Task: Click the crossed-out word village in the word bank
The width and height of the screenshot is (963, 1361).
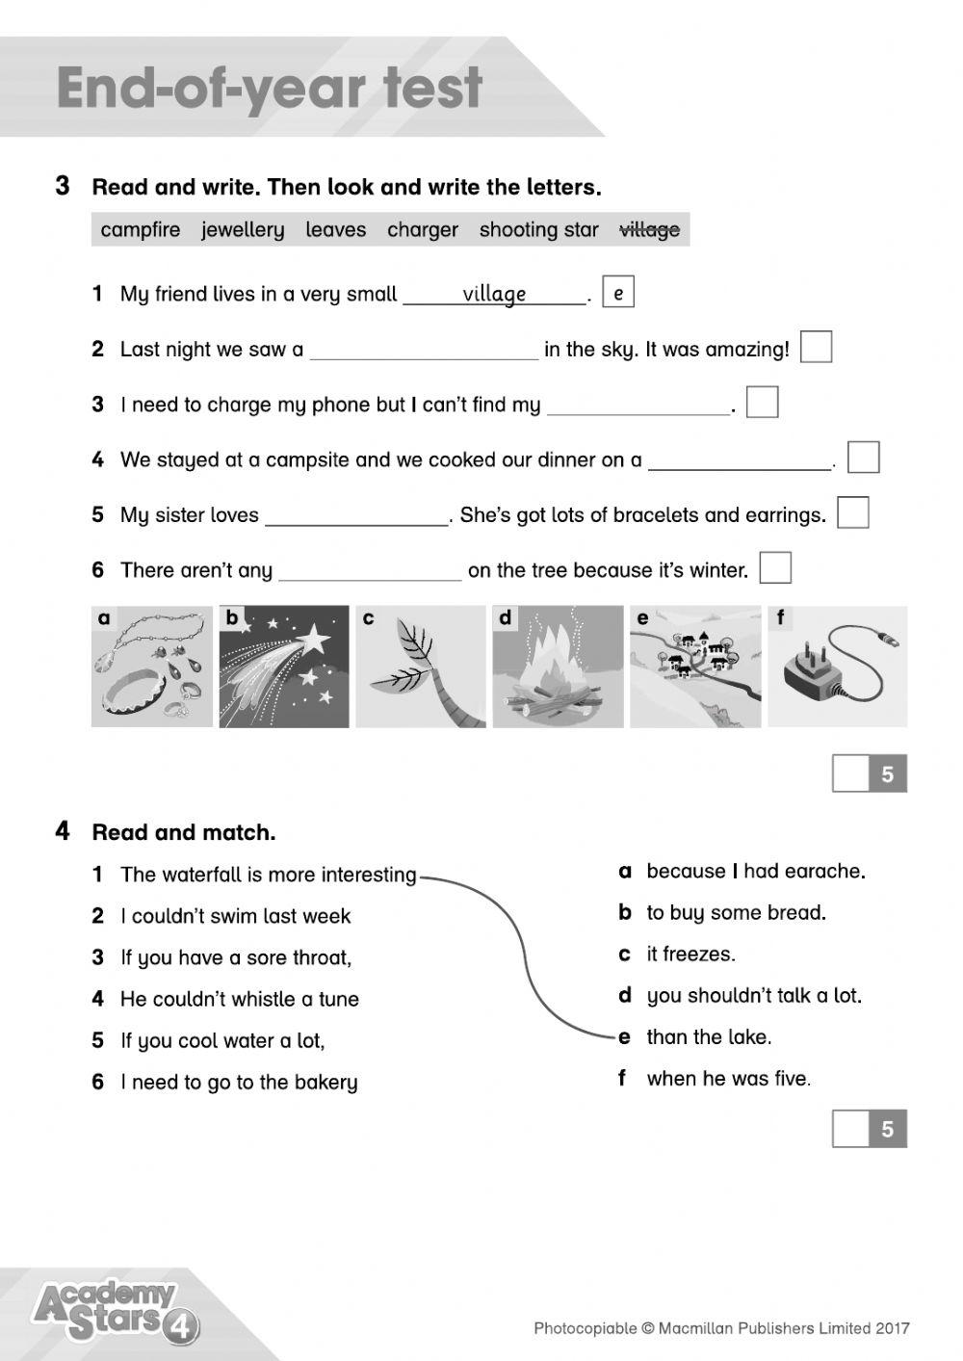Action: (649, 229)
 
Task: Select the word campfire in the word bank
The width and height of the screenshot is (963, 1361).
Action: (141, 229)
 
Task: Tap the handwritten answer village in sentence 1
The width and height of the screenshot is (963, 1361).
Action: (494, 294)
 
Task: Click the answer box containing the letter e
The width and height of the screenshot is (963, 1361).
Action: (617, 293)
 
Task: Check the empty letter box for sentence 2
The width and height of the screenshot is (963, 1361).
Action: (816, 348)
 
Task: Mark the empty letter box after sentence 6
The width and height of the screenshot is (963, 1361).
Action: (775, 568)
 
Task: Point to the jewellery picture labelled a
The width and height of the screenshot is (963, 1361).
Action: (152, 667)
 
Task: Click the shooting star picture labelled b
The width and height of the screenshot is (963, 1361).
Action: (284, 667)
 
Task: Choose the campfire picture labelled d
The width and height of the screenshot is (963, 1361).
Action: (558, 667)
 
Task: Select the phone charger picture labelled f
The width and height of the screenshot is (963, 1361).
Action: (837, 667)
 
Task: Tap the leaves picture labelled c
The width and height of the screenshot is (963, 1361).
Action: (421, 667)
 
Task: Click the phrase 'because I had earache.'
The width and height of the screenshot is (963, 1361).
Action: (755, 872)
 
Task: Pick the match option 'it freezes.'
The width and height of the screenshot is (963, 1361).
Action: (690, 955)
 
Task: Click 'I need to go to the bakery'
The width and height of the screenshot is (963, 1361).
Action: (238, 1083)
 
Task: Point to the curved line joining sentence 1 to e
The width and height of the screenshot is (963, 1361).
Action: (521, 954)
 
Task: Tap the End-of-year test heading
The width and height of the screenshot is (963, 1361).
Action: (269, 89)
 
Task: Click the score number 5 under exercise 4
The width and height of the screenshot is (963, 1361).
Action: (887, 1129)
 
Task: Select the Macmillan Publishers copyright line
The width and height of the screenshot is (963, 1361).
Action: (721, 1329)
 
